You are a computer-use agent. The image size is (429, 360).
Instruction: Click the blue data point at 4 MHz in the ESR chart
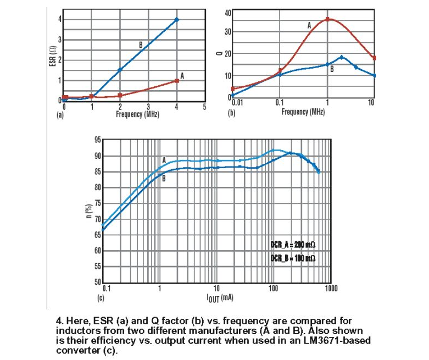coord(176,19)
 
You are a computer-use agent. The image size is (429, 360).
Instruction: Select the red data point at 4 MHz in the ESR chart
coord(176,81)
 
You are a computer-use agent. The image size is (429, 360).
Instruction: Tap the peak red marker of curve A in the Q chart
coord(328,19)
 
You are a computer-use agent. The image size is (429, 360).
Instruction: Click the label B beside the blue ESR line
coord(141,45)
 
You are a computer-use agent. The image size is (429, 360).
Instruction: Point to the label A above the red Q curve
coord(309,25)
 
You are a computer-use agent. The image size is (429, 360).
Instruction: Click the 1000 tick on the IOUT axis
coord(330,288)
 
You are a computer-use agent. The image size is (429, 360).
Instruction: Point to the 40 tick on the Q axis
coord(227,12)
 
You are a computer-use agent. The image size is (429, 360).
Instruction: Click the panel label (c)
coord(101,297)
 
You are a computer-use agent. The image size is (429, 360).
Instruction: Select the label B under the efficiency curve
coord(163,178)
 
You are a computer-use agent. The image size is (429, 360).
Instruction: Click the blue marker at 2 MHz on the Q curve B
coord(342,57)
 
